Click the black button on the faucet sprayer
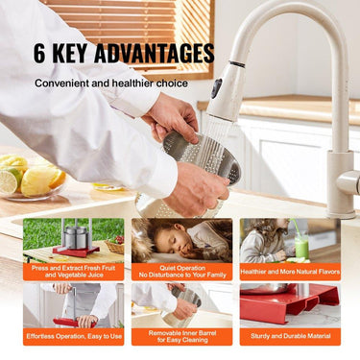tap(216, 87)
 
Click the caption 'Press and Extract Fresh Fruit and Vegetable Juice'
tap(73, 272)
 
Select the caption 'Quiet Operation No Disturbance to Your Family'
tap(181, 272)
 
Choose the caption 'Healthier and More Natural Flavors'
tap(290, 272)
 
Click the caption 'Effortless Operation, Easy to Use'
tap(73, 337)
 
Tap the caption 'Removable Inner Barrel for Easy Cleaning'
tap(181, 337)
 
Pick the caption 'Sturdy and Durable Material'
tap(290, 337)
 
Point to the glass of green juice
tap(301, 247)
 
